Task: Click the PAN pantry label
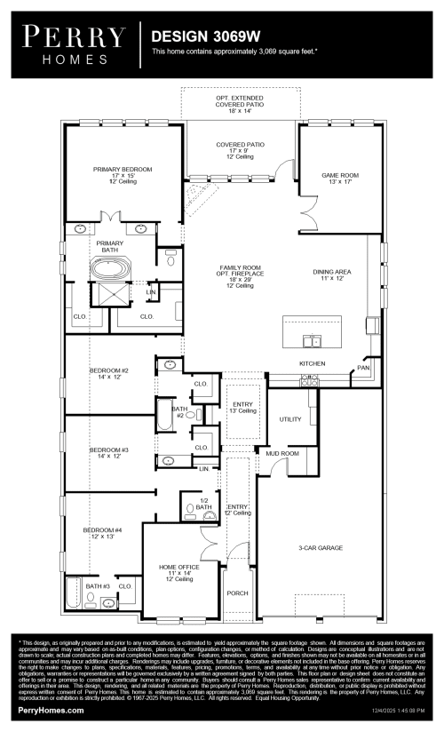[362, 367]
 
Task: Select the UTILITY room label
[290, 418]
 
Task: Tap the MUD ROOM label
[282, 453]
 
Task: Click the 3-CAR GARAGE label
[321, 548]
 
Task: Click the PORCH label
[237, 593]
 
